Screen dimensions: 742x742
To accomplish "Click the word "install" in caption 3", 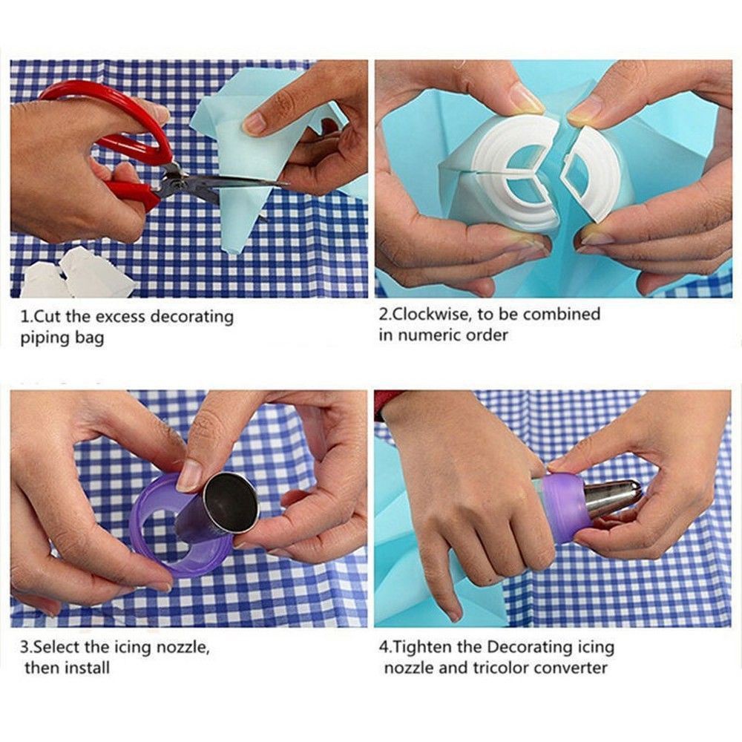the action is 87,668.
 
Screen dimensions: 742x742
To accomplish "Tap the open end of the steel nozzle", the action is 231,502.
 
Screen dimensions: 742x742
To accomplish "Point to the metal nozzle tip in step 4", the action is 614,498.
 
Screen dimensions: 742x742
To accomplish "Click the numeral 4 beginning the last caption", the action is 383,647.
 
